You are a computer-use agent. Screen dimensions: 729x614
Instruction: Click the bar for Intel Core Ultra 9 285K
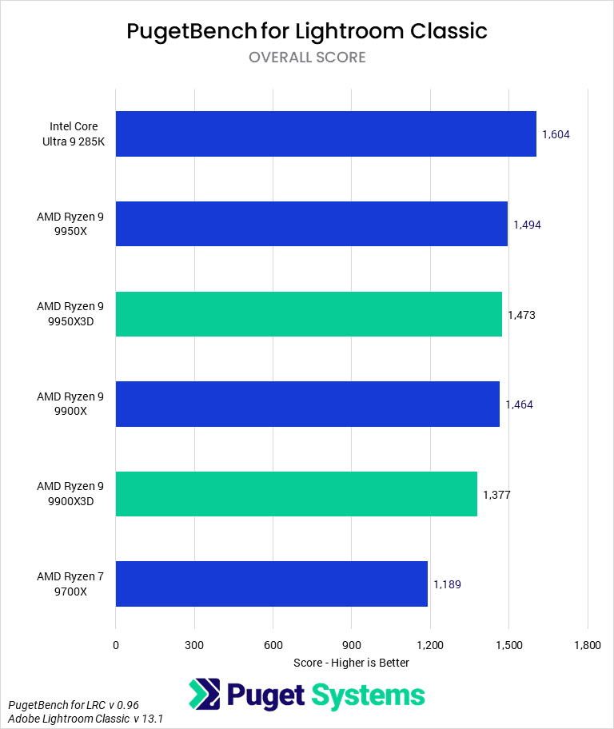(325, 133)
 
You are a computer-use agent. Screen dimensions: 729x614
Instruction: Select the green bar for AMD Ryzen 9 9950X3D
(309, 314)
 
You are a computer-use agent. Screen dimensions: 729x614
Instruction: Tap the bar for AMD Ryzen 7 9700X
(272, 584)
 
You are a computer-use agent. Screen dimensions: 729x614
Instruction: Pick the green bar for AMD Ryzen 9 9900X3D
(296, 494)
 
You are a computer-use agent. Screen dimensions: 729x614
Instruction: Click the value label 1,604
(556, 134)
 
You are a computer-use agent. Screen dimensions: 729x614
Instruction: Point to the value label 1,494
(527, 225)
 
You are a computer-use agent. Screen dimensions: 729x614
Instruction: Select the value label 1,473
(521, 315)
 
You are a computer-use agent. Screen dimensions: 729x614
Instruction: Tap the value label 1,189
(447, 584)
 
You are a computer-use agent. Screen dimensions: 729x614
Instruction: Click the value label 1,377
(496, 495)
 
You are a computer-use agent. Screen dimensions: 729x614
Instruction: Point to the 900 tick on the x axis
(351, 645)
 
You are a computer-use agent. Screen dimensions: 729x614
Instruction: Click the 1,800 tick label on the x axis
(588, 645)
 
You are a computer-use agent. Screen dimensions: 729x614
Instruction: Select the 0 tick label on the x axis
(116, 645)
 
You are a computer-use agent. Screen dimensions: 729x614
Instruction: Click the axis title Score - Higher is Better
(351, 663)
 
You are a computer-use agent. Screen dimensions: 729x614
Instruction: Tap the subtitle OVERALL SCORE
(307, 58)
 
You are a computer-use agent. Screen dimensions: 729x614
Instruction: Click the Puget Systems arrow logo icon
(205, 695)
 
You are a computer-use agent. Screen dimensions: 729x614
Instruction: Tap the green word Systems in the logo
(367, 695)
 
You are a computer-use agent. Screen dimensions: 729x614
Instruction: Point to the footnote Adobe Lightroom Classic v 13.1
(86, 719)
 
